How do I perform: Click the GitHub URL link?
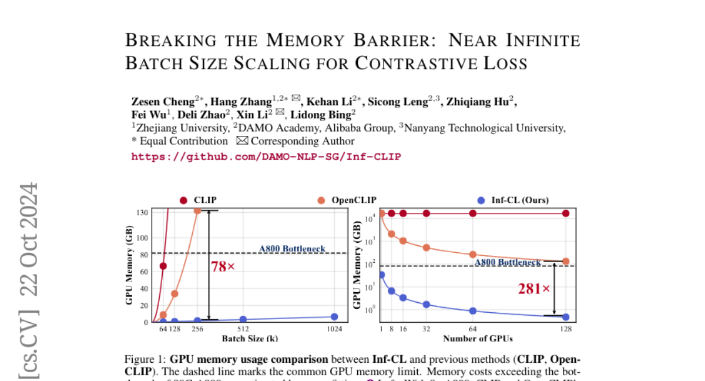tap(266, 156)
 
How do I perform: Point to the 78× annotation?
tap(223, 266)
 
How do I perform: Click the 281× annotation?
tap(533, 289)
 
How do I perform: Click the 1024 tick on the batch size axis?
tap(334, 329)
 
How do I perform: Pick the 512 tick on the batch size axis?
tap(243, 329)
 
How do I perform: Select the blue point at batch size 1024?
tap(334, 317)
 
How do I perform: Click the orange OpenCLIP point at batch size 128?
tap(174, 293)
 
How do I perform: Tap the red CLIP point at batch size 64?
tap(163, 266)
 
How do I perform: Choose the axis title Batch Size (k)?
tap(250, 339)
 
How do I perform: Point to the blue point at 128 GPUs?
tap(566, 317)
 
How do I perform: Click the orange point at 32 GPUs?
tap(427, 248)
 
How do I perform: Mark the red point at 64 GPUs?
tap(473, 213)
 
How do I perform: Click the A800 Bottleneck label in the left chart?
tap(292, 249)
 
